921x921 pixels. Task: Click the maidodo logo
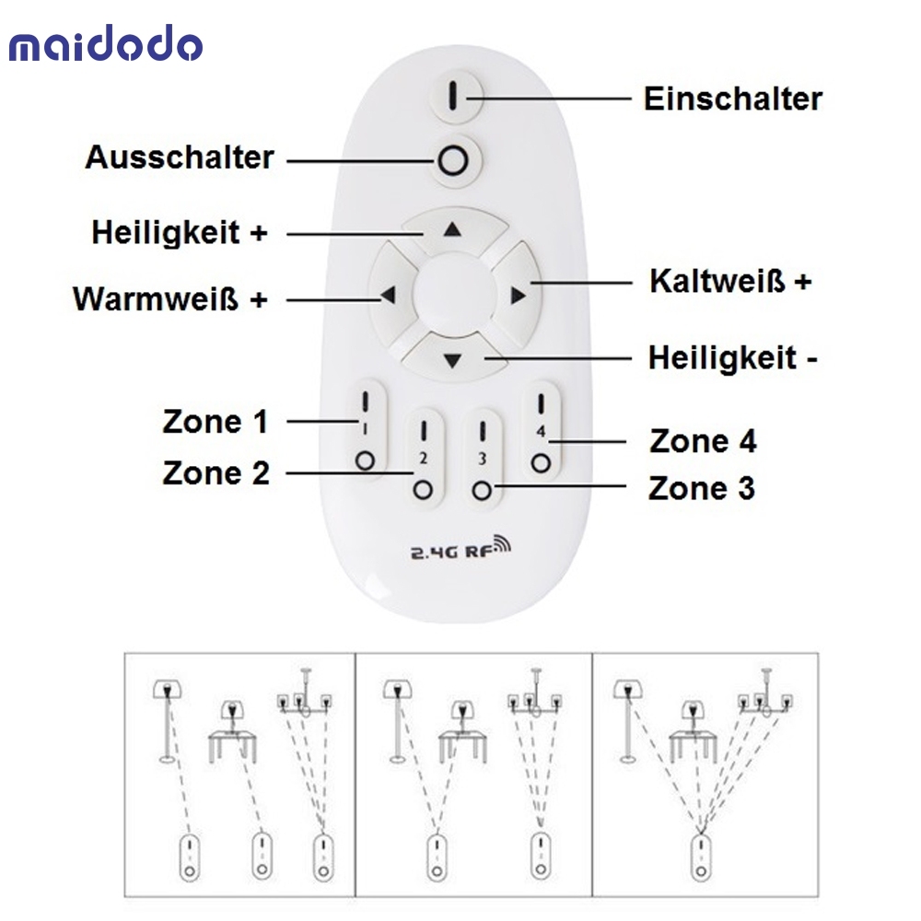(106, 43)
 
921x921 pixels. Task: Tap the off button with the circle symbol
(453, 160)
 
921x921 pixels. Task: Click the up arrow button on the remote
(453, 229)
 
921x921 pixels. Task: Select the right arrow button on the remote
(517, 295)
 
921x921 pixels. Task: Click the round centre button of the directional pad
(452, 294)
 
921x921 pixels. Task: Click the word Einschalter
(733, 99)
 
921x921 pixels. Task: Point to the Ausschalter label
(180, 158)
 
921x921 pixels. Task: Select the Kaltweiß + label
(730, 281)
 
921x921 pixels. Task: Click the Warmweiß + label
(170, 299)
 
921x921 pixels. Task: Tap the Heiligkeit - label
(733, 357)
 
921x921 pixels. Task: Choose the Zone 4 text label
(703, 441)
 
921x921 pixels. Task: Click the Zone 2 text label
(216, 472)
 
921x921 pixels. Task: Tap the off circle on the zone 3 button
(482, 490)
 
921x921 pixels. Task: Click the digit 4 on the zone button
(541, 432)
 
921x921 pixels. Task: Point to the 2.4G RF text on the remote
(460, 549)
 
